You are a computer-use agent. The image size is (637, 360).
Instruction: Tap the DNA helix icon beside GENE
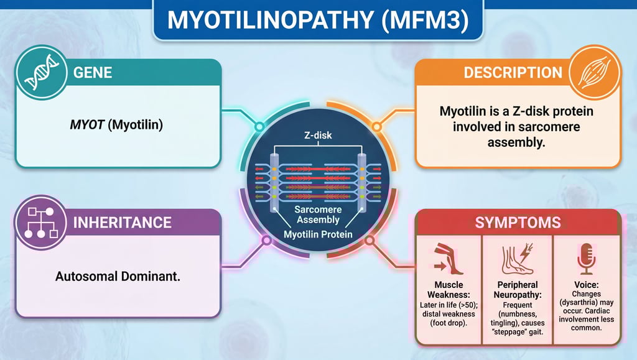(39, 73)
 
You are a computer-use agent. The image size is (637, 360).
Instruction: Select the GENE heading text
(93, 72)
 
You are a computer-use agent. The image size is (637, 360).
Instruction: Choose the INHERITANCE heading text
(123, 222)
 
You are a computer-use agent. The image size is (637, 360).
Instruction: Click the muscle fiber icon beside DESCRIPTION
(594, 73)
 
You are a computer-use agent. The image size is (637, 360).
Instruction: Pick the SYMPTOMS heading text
(518, 222)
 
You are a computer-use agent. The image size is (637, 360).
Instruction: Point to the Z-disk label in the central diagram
(318, 135)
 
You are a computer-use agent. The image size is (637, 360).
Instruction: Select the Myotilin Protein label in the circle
(318, 234)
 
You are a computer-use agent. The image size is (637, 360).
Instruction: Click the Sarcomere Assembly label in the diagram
(318, 215)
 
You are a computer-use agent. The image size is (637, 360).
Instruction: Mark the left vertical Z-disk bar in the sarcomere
(273, 180)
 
